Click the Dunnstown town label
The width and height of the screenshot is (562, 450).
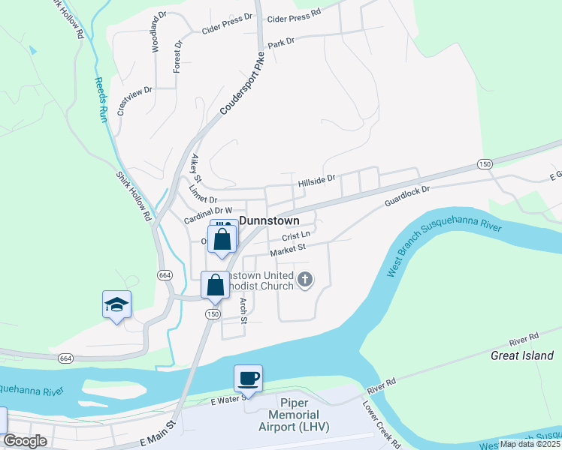(x=269, y=221)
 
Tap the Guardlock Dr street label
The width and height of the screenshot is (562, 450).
(x=406, y=197)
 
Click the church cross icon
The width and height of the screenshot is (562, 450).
(x=304, y=280)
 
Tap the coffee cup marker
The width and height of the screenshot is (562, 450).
(x=248, y=377)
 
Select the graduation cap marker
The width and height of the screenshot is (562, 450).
(x=116, y=304)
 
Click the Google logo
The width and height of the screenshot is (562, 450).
(x=26, y=441)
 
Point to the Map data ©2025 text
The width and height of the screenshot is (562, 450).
(x=530, y=444)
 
